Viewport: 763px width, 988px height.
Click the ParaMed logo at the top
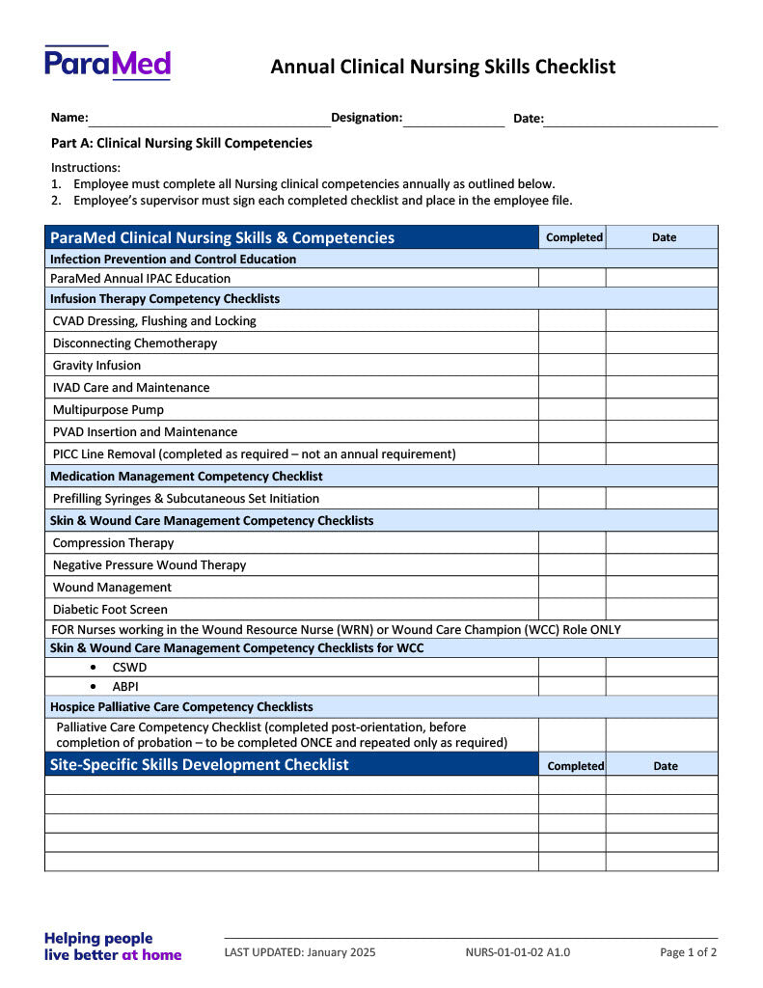click(107, 63)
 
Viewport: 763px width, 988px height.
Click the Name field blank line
click(209, 120)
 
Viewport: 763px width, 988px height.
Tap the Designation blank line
click(453, 120)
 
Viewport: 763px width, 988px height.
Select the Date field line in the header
click(631, 120)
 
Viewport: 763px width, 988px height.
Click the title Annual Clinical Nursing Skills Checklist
click(443, 67)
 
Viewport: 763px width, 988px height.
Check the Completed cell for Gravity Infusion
click(572, 366)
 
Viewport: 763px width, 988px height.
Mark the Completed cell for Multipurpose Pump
click(572, 410)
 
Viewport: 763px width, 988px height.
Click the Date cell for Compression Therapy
click(662, 543)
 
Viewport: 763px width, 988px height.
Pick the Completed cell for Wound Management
click(572, 588)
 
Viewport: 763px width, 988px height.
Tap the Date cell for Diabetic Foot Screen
click(662, 610)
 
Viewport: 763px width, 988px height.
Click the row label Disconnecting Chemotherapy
click(135, 343)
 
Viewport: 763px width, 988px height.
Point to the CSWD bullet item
click(129, 668)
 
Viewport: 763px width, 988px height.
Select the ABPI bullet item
click(125, 687)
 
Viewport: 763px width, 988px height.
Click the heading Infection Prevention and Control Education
click(174, 260)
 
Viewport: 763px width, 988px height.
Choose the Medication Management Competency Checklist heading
click(186, 477)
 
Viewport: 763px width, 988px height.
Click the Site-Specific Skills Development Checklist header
click(200, 765)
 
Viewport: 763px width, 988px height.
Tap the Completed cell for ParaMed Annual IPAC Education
click(572, 279)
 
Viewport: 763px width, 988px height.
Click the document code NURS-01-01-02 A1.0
click(517, 952)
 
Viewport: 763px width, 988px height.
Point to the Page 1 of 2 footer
click(688, 952)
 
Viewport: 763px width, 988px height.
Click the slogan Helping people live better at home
click(113, 947)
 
